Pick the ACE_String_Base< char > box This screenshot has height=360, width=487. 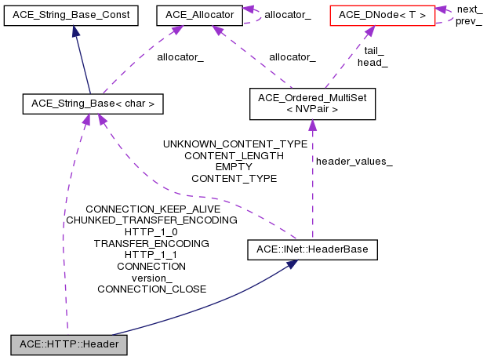point(92,103)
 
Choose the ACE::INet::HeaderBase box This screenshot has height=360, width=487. point(313,250)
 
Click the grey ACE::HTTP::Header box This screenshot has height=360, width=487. point(68,344)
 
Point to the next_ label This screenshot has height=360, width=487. point(470,9)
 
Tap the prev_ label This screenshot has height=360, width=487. point(469,20)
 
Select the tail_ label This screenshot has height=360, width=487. point(373,50)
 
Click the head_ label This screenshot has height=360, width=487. point(373,62)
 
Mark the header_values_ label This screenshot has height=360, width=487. point(354,161)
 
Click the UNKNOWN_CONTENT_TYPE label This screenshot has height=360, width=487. point(234,144)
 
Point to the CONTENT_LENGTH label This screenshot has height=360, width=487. point(234,155)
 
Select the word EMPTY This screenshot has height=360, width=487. point(234,167)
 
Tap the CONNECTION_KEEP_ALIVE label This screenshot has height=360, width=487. point(152,209)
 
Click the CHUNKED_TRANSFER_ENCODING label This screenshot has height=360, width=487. point(151,220)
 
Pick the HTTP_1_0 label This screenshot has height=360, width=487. point(151,232)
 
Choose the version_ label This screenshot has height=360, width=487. point(151,278)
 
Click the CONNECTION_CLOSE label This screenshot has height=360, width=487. point(151,289)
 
